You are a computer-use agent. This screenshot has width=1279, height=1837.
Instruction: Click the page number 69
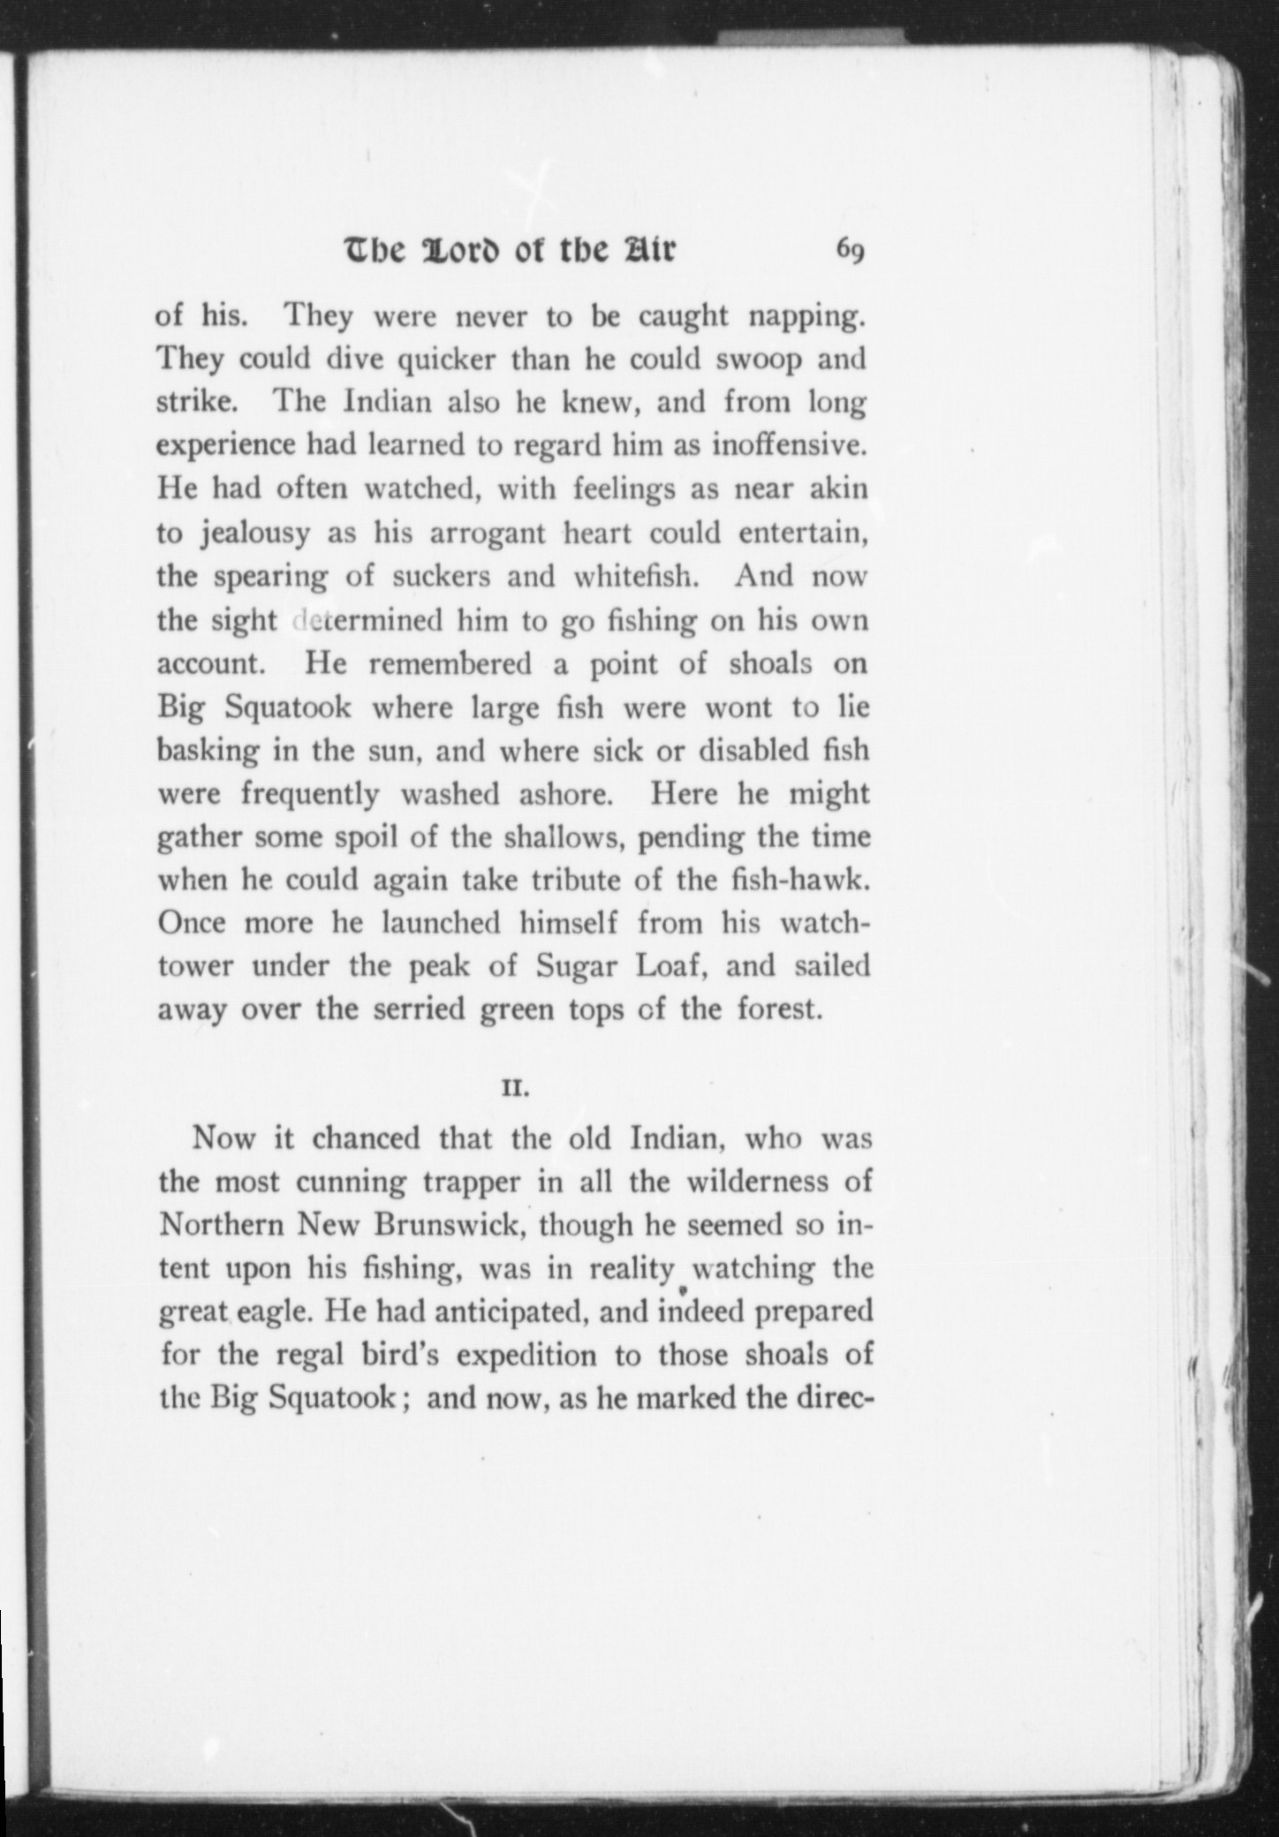click(850, 251)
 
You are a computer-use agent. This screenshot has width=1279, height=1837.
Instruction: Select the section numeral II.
click(515, 1089)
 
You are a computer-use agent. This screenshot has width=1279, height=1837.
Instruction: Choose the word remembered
click(450, 664)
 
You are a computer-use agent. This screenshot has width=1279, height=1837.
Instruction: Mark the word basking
click(208, 752)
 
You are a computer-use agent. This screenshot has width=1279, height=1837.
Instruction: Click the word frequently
click(310, 795)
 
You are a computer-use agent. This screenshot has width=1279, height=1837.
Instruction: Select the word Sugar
click(576, 966)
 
